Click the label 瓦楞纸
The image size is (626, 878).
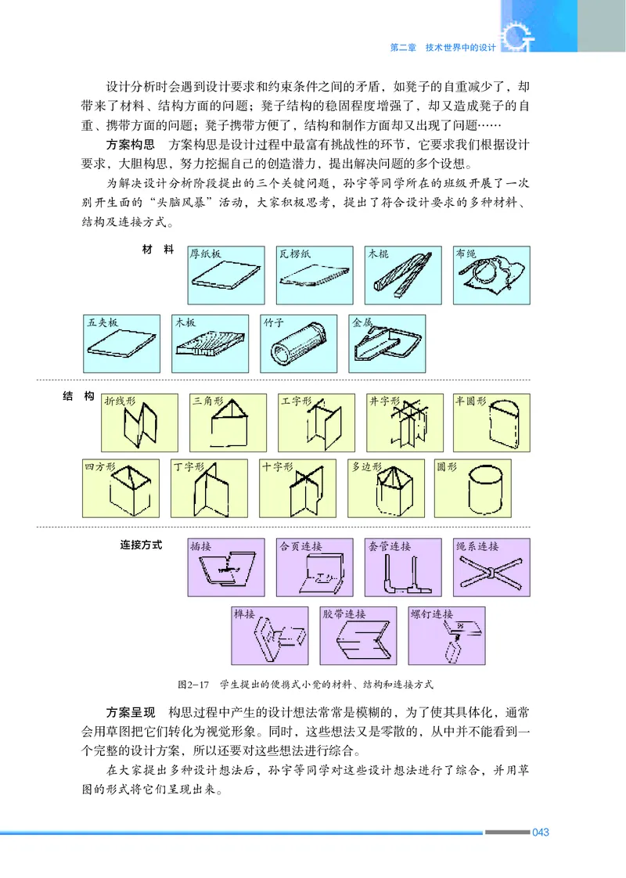pyautogui.click(x=293, y=254)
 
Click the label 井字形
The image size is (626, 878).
pyautogui.click(x=383, y=401)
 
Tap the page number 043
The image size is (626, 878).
pyautogui.click(x=540, y=832)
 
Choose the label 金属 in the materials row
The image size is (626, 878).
pyautogui.click(x=362, y=322)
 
